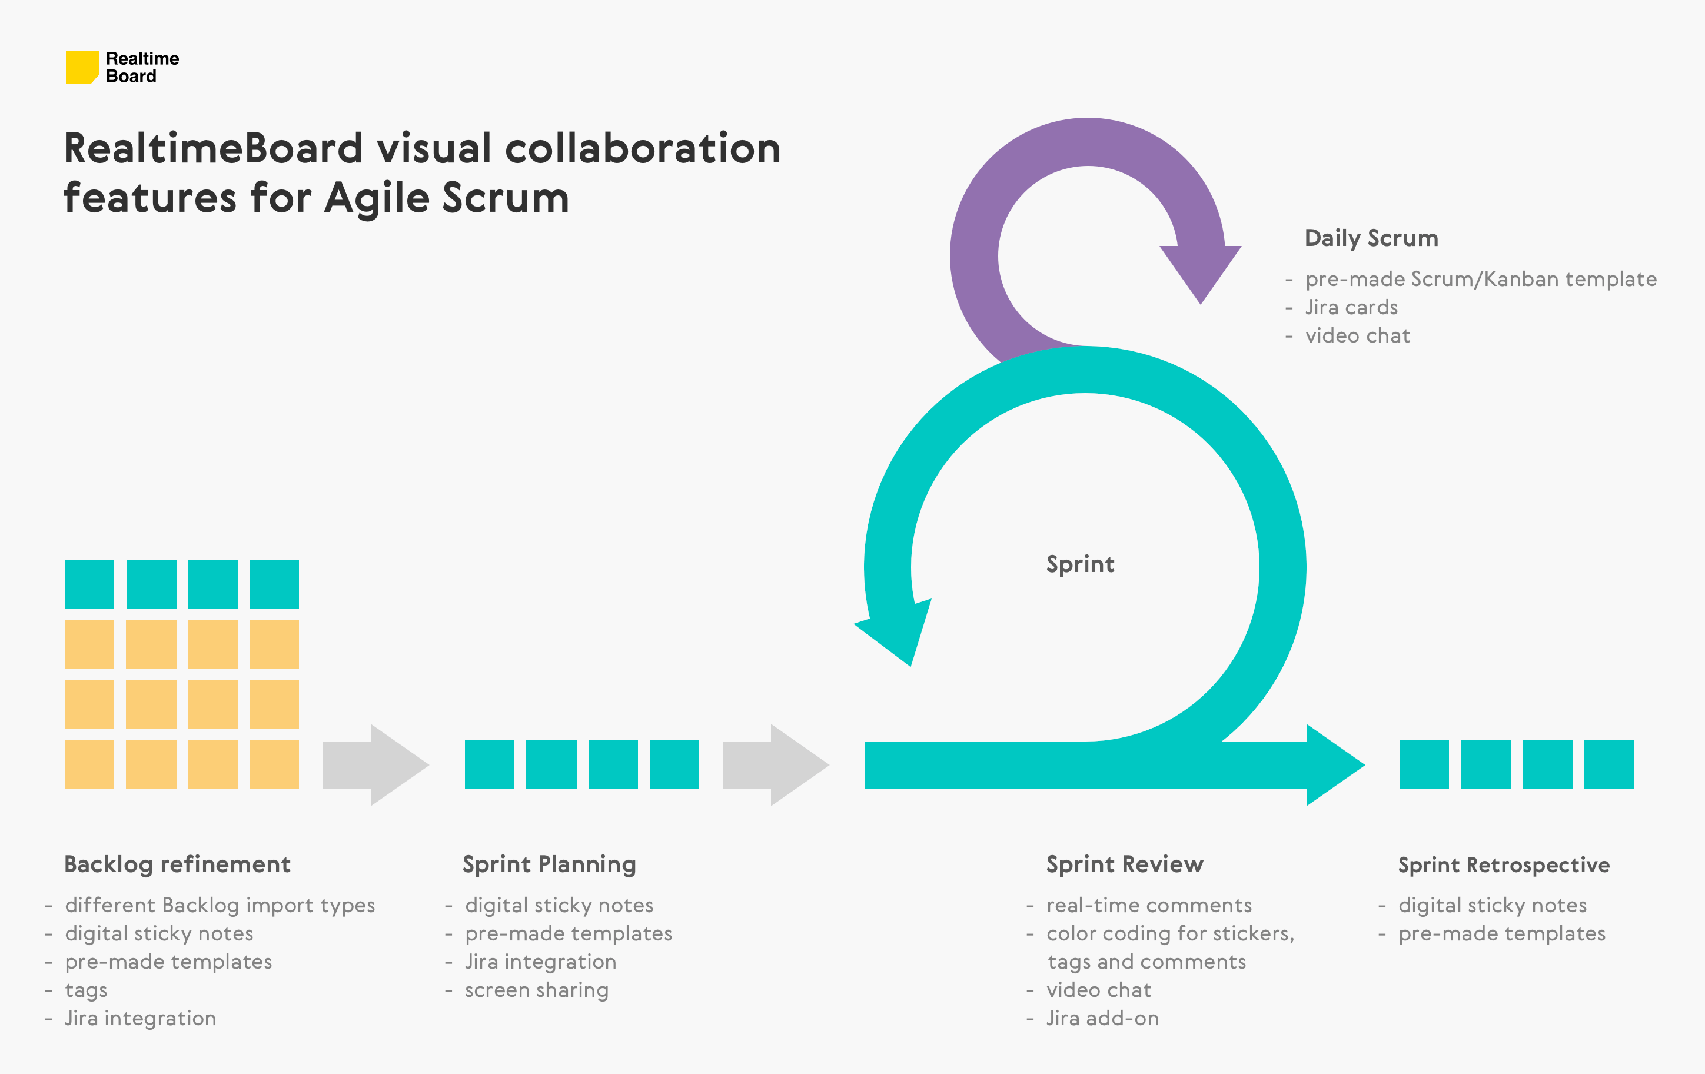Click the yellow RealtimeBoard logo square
click(81, 67)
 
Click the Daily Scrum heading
click(1371, 238)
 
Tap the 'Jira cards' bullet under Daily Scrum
click(1351, 307)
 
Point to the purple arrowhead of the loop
click(1200, 272)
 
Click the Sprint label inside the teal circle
click(1080, 564)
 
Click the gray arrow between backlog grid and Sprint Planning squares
click(376, 764)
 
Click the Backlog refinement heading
click(177, 864)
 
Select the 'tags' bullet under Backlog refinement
click(86, 990)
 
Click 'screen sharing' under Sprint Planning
click(536, 990)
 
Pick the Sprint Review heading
click(1124, 864)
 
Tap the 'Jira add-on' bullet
click(1102, 1018)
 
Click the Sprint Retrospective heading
click(1503, 864)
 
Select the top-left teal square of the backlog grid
click(89, 584)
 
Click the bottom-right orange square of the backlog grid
click(274, 764)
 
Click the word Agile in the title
click(377, 198)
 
